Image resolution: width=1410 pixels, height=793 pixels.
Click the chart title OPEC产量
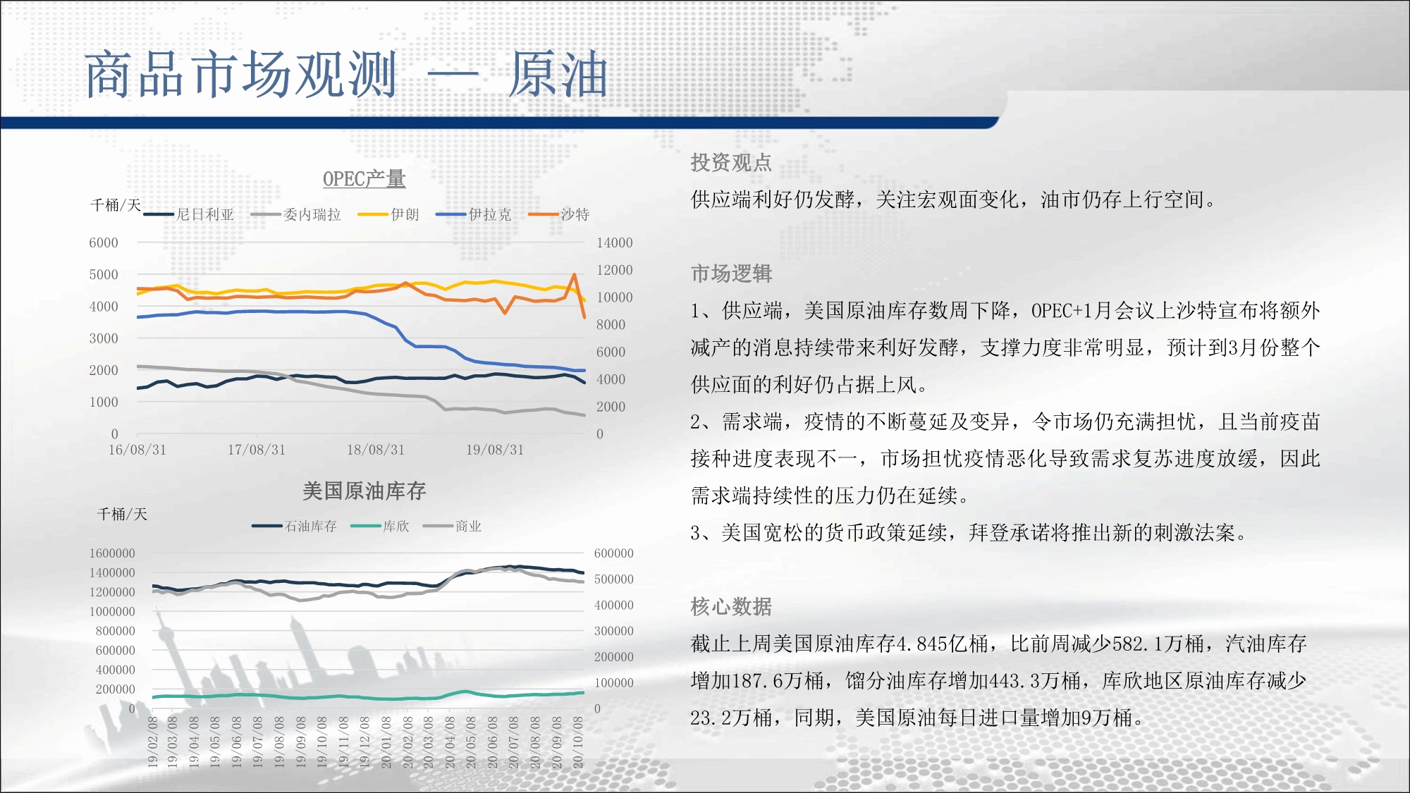tap(364, 179)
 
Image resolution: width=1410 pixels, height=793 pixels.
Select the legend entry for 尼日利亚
tap(189, 214)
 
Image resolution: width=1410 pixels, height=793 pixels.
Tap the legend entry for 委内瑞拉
tap(296, 214)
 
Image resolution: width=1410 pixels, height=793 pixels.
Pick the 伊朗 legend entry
tap(388, 214)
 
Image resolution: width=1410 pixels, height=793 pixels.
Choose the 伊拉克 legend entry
tap(474, 214)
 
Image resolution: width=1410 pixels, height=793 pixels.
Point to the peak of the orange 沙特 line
tap(575, 274)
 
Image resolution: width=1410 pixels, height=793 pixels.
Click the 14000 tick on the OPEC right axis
tap(615, 242)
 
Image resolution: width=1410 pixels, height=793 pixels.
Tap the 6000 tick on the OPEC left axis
tap(104, 242)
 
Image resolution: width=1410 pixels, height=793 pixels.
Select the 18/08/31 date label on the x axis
tap(376, 450)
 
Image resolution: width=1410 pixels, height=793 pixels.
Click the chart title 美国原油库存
tap(364, 491)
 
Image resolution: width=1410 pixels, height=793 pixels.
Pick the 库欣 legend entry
tap(380, 526)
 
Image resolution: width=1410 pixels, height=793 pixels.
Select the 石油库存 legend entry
tap(295, 526)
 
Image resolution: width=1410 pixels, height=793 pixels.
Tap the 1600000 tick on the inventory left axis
tap(112, 553)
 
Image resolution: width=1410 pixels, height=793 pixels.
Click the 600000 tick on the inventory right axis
tap(614, 553)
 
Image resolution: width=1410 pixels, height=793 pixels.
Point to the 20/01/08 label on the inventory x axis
tap(386, 742)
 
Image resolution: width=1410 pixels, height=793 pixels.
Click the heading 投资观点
tap(731, 163)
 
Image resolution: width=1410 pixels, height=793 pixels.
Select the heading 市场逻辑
tap(731, 273)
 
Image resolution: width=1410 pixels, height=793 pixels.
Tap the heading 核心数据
tap(731, 606)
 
